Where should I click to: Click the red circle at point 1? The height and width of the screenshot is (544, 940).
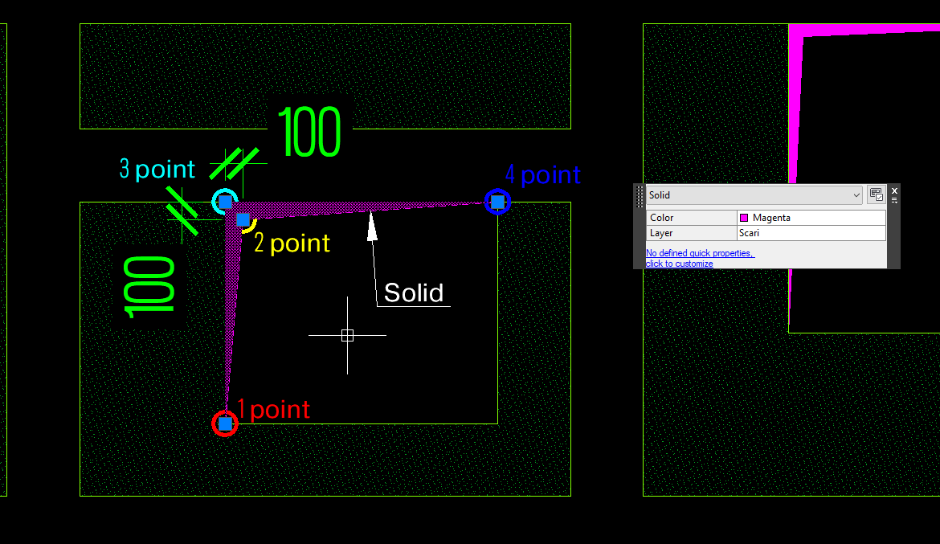225,424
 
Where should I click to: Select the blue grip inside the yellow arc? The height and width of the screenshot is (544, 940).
243,220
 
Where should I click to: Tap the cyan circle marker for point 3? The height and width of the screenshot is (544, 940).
225,202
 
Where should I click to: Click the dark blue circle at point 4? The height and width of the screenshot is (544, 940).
497,202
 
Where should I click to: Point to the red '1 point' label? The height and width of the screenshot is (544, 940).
273,410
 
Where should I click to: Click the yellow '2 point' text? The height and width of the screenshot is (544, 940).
292,243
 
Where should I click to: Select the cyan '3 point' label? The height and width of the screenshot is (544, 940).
157,169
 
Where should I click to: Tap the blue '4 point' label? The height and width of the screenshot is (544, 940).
542,174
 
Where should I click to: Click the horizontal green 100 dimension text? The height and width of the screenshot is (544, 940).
310,132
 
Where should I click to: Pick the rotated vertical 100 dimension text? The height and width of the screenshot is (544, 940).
149,288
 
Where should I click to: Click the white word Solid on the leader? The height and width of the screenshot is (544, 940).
414,293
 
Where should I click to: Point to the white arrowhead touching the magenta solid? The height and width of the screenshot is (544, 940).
372,225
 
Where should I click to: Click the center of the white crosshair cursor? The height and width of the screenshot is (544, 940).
347,335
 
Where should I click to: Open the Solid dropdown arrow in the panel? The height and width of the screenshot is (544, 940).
856,195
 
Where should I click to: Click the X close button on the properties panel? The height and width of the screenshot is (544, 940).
894,190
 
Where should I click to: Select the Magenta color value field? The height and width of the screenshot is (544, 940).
811,218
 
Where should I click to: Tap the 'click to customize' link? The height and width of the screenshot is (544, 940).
679,264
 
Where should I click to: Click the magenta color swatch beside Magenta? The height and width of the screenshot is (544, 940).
744,218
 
